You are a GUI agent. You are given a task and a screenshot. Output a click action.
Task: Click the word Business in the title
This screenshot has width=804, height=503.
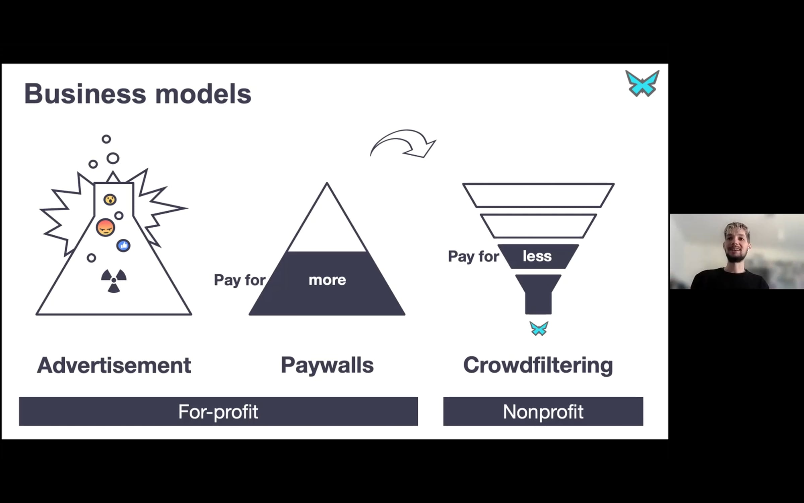[85, 94]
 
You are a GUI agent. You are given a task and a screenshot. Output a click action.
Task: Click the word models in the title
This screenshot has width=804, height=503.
[203, 94]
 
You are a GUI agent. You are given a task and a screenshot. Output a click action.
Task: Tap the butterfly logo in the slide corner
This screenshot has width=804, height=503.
[642, 83]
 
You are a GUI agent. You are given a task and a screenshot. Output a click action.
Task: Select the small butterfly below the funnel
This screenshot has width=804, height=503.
[539, 328]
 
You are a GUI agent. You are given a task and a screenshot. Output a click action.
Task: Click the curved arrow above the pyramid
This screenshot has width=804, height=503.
[402, 134]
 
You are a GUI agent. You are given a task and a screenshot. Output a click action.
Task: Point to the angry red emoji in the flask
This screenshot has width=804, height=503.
[106, 227]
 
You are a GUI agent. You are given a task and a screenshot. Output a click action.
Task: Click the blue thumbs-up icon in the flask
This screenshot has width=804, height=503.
[123, 245]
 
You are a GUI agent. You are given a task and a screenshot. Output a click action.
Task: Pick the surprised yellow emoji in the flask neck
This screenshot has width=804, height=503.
[110, 200]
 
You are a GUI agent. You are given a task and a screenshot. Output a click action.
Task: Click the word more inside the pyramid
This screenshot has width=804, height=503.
[327, 280]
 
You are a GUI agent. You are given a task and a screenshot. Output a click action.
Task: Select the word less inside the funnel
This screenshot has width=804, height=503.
[537, 256]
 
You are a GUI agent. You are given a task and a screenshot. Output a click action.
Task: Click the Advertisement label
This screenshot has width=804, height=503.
[114, 365]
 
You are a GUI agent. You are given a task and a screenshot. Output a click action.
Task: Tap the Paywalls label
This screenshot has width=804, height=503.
[327, 366]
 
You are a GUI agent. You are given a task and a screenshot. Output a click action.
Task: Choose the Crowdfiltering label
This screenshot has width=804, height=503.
[538, 366]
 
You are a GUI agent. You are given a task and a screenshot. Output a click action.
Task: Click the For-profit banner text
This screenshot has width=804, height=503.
[218, 412]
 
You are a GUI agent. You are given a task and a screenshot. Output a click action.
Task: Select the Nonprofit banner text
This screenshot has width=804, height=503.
[543, 412]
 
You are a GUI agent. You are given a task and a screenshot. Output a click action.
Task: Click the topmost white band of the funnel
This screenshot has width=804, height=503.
[538, 195]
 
